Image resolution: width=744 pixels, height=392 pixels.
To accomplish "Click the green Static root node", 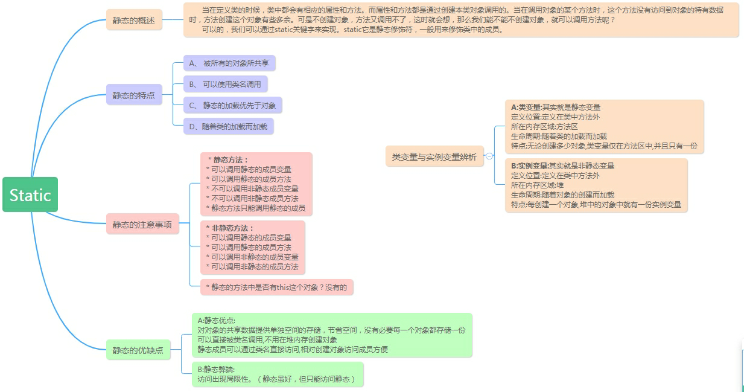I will pyautogui.click(x=30, y=194).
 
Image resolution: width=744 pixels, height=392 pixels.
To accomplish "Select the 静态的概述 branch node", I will pyautogui.click(x=134, y=20).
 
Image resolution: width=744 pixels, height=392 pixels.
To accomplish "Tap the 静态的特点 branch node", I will pyautogui.click(x=134, y=95).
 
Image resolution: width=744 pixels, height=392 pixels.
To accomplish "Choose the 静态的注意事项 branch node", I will pyautogui.click(x=142, y=225).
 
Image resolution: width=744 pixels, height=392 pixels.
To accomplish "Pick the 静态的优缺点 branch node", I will pyautogui.click(x=138, y=350).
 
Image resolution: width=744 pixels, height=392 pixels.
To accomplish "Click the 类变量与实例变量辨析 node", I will pyautogui.click(x=434, y=157).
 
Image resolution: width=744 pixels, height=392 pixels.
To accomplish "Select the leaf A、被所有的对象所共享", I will pyautogui.click(x=229, y=63).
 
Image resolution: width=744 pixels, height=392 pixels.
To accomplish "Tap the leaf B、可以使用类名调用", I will pyautogui.click(x=225, y=84).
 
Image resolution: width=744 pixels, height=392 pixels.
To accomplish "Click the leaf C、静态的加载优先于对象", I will pyautogui.click(x=232, y=105).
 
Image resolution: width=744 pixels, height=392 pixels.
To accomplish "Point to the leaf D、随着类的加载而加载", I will pyautogui.click(x=228, y=126).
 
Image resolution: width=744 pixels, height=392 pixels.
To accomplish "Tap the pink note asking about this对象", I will pyautogui.click(x=276, y=288).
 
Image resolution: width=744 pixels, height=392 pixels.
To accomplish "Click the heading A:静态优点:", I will pyautogui.click(x=217, y=320).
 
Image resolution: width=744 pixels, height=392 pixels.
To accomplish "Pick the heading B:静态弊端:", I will pyautogui.click(x=217, y=369).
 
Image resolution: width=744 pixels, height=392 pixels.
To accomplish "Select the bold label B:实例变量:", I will pyautogui.click(x=529, y=165).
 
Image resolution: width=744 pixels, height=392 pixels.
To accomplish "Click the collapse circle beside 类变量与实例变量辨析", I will pyautogui.click(x=489, y=156).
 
